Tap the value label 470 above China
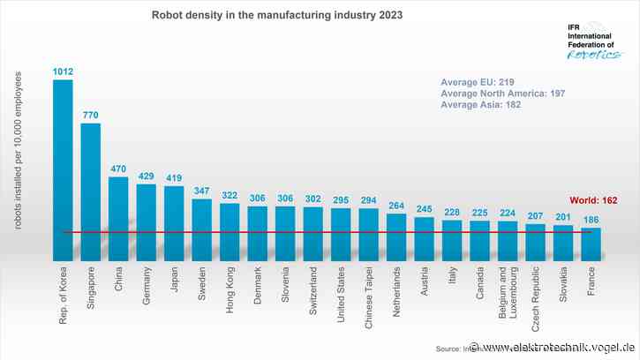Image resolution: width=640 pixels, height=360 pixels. [118, 169]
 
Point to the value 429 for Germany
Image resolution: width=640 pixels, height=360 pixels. [147, 176]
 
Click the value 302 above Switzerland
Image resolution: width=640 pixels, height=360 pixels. [313, 199]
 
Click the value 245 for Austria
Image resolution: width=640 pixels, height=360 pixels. [425, 209]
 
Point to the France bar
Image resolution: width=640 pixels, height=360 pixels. [591, 244]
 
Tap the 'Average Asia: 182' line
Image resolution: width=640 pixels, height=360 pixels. [481, 105]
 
